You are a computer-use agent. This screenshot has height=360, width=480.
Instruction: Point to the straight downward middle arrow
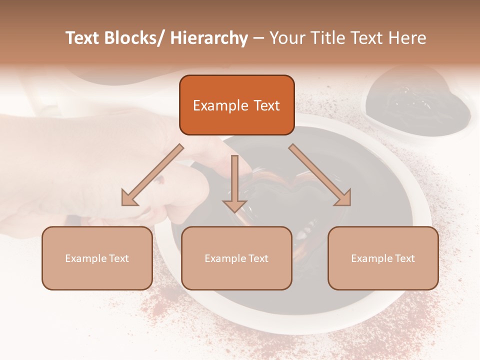coord(234,182)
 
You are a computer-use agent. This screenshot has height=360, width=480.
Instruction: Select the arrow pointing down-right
coord(320,175)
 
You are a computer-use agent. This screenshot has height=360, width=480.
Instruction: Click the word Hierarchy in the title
coord(209,38)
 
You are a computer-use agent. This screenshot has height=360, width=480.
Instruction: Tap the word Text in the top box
coord(266,105)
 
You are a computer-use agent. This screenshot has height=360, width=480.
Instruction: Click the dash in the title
coord(258,38)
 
